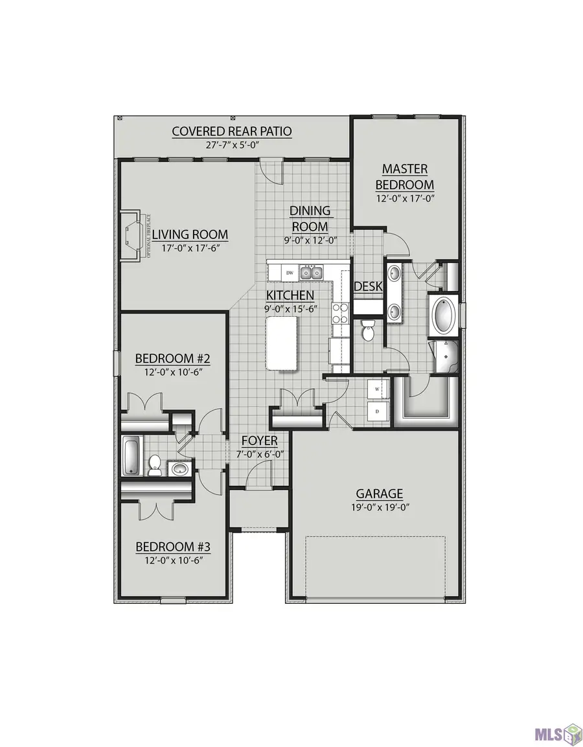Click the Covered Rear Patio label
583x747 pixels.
pyautogui.click(x=231, y=132)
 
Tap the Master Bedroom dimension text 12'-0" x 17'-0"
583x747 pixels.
pyautogui.click(x=404, y=198)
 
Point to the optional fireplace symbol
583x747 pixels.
pyautogui.click(x=133, y=235)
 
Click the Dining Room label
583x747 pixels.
pyautogui.click(x=310, y=218)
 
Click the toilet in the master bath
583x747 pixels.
pyautogui.click(x=368, y=330)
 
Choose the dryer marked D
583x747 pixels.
pyautogui.click(x=377, y=410)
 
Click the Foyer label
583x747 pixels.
pyautogui.click(x=259, y=441)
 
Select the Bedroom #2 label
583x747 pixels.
pyautogui.click(x=172, y=358)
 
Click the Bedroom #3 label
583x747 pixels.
pyautogui.click(x=173, y=547)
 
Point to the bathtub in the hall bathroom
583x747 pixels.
pyautogui.click(x=131, y=456)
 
